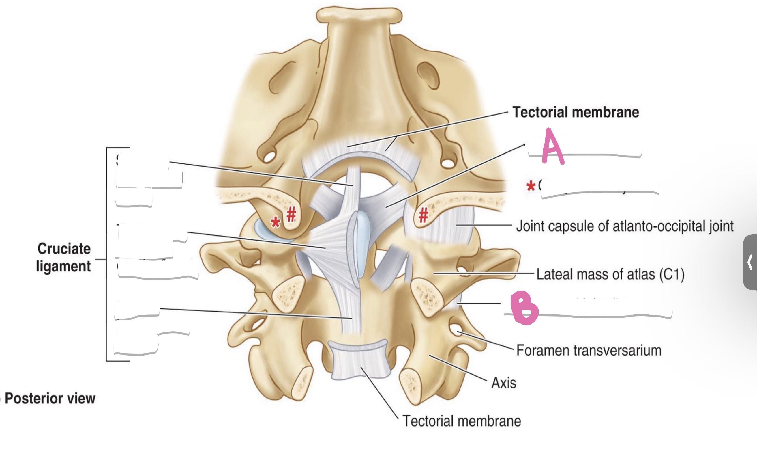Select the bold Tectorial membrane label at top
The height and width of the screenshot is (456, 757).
point(576,112)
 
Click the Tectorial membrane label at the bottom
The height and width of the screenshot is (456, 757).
point(461,421)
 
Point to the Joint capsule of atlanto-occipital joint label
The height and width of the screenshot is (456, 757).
point(625,226)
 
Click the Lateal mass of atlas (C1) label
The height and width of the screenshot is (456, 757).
point(610,274)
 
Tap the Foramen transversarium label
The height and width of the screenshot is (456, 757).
point(589,350)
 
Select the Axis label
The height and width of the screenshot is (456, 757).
point(503,383)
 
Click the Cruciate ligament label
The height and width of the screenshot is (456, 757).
point(64,258)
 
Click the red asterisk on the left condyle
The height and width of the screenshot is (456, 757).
point(275,222)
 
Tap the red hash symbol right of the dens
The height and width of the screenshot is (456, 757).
point(424,215)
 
